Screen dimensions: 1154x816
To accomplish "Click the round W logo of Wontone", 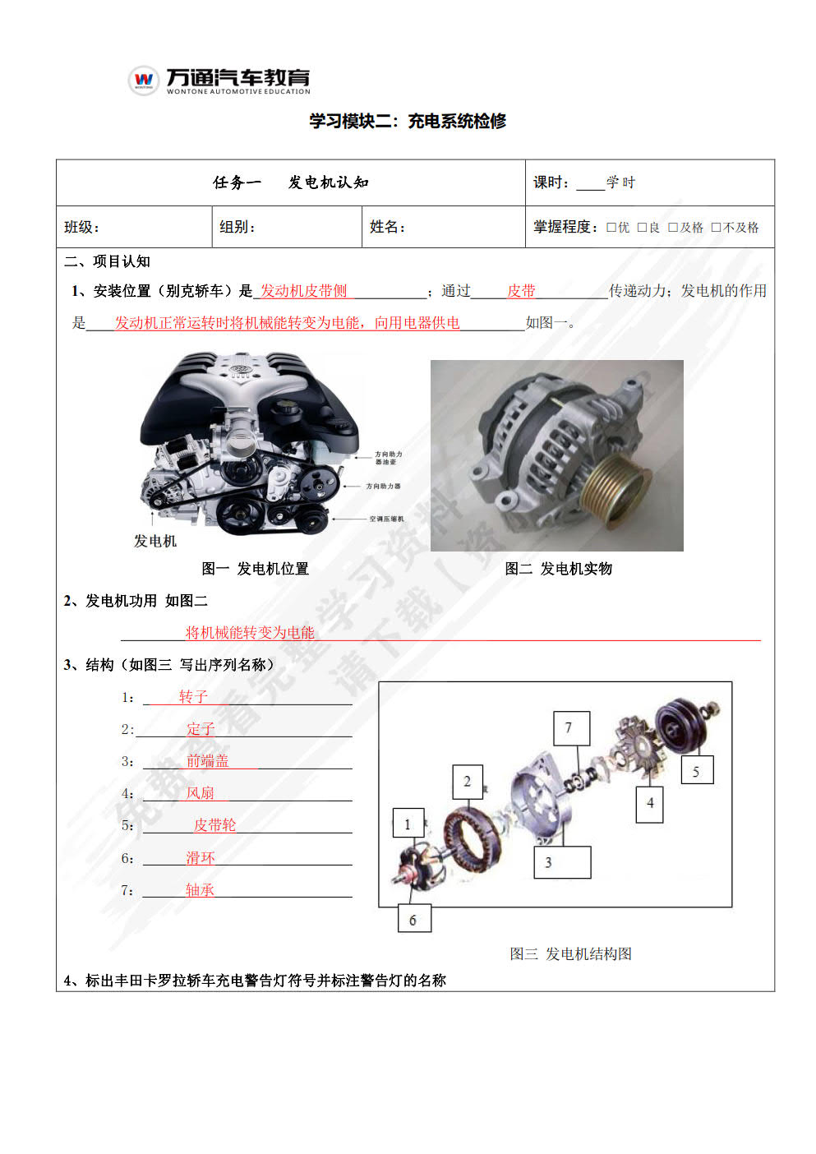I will point(144,80).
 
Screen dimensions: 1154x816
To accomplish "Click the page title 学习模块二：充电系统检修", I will point(408,121).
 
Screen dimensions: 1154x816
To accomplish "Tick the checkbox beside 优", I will point(611,228).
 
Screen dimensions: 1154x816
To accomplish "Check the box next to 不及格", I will point(716,228).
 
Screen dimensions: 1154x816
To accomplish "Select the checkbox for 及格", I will point(673,228).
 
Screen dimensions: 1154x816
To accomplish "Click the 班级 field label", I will point(81,227).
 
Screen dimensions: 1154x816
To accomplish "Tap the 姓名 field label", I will point(387,227).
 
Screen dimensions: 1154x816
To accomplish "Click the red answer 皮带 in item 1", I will point(521,291).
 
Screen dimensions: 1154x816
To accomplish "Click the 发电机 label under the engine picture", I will point(155,541).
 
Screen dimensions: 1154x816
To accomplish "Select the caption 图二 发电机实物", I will point(558,569).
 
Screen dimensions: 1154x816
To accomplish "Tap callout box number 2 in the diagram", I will point(468,782).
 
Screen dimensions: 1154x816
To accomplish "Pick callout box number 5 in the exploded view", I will point(696,771).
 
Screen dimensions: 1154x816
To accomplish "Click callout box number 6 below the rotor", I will point(413,920).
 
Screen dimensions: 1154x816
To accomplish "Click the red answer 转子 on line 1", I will point(193,697).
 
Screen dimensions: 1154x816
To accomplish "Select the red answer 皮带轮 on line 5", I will point(214,825).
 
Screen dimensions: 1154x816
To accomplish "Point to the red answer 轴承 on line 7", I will point(200,889).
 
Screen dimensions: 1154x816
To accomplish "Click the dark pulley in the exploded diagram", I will point(684,722).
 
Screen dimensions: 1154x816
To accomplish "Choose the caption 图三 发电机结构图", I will point(570,953).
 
